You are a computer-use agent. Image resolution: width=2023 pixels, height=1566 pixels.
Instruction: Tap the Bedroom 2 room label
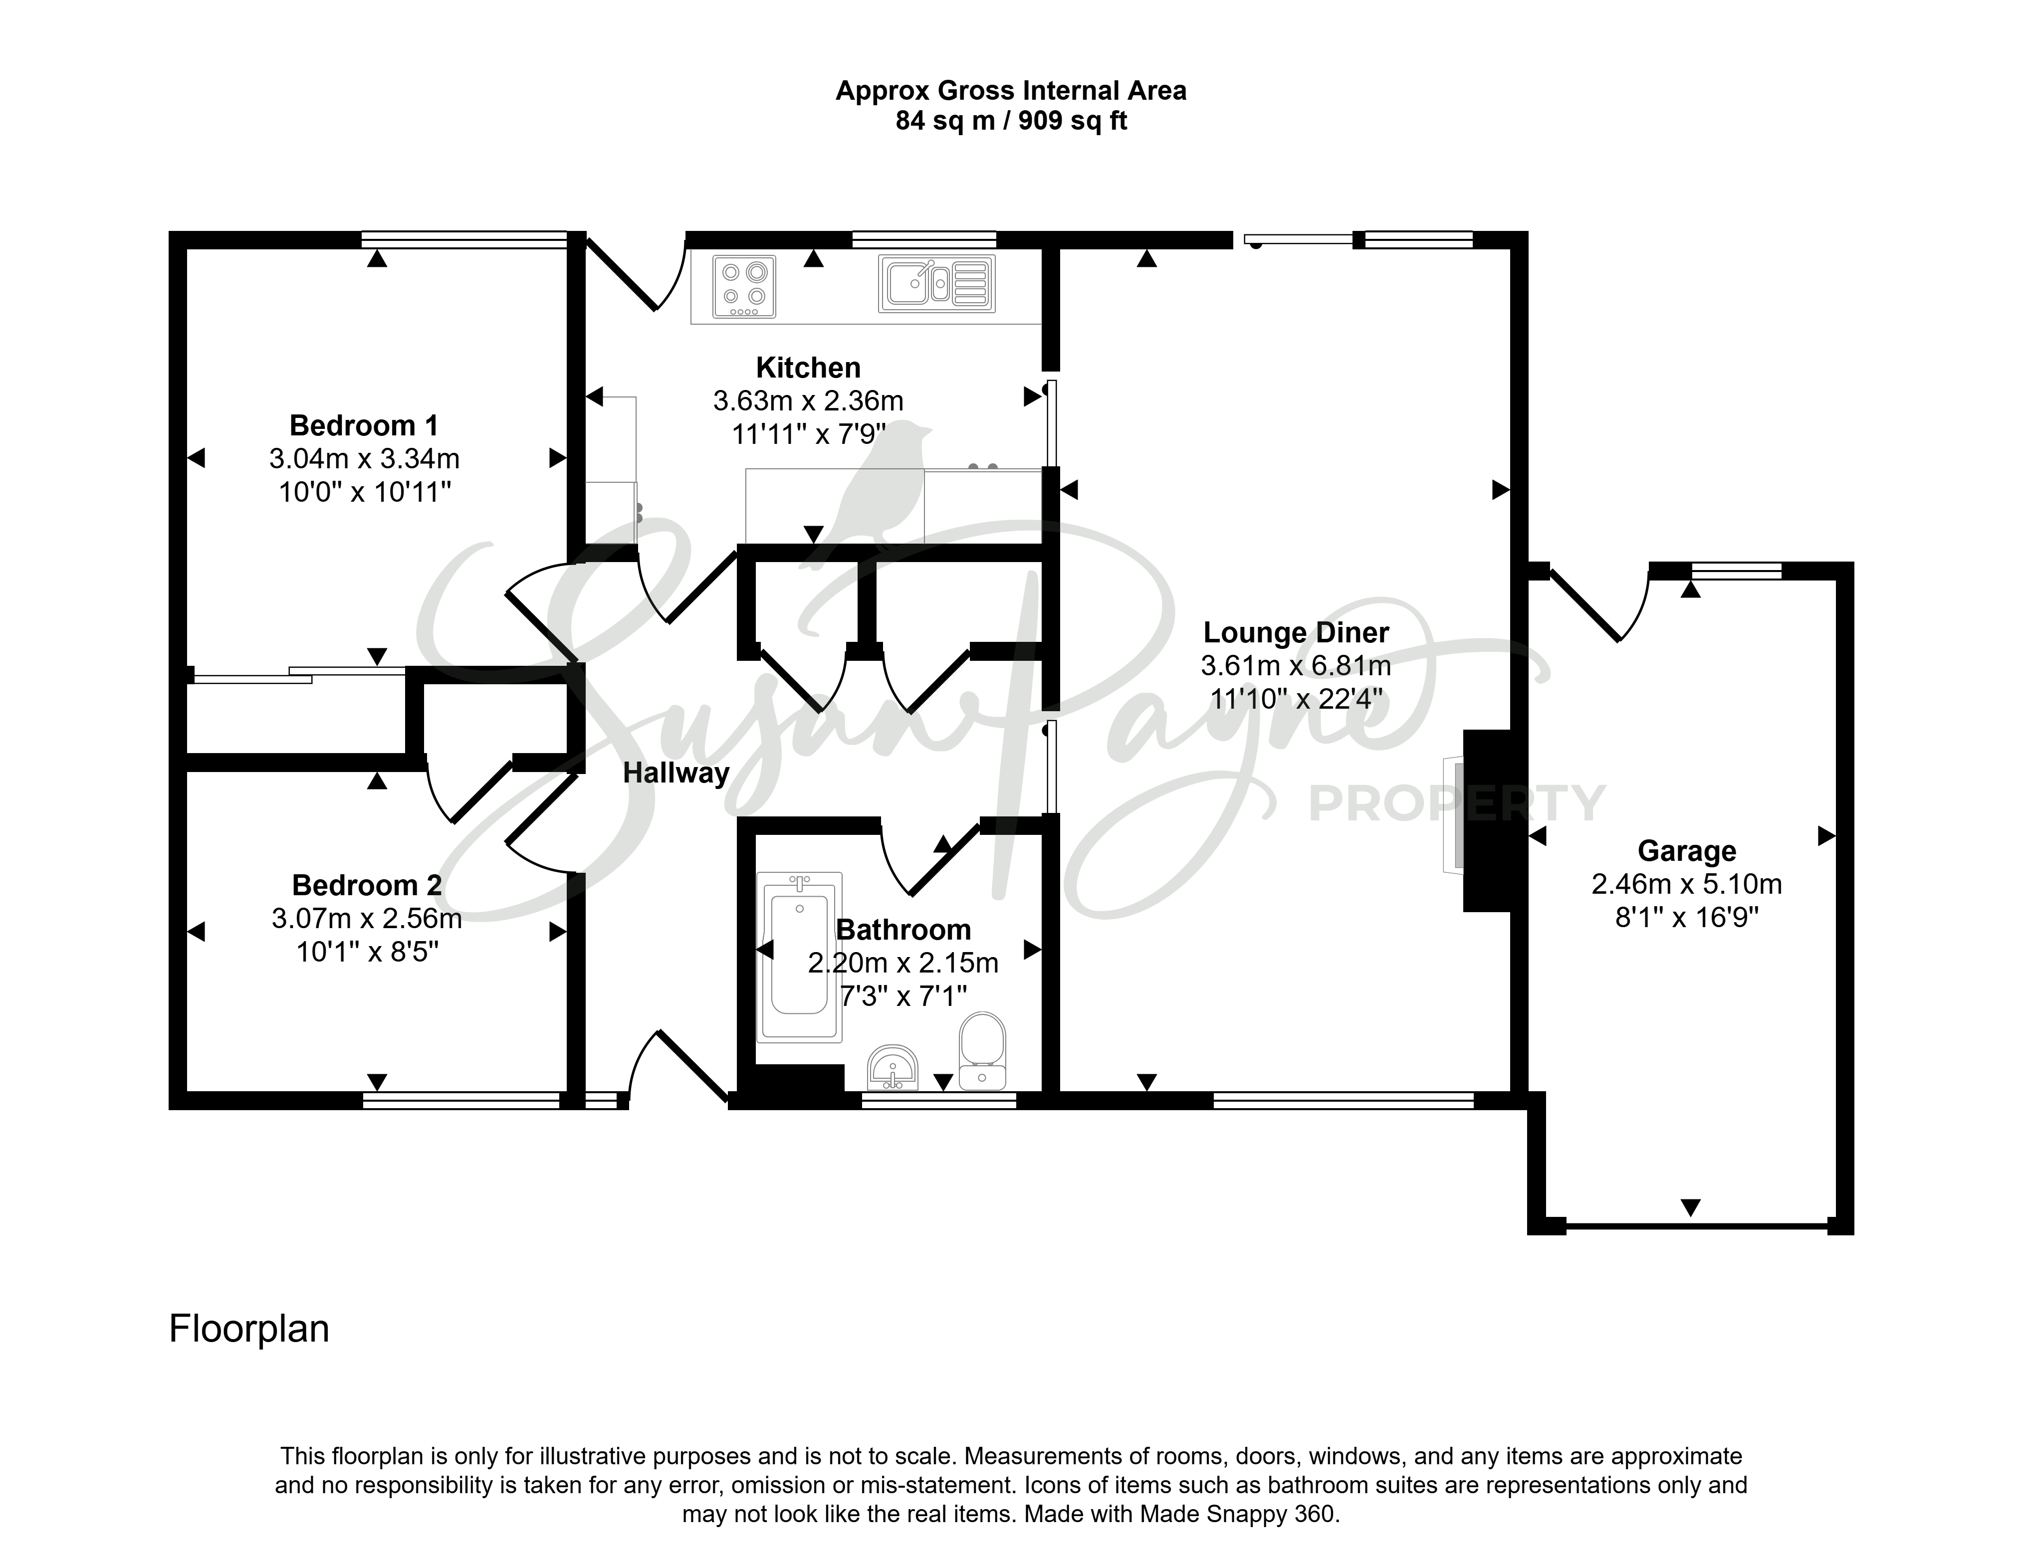[x=367, y=885]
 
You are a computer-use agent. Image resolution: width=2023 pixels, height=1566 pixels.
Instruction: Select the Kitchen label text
[x=808, y=368]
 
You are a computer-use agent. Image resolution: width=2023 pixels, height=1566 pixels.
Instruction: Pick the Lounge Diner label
[x=1296, y=632]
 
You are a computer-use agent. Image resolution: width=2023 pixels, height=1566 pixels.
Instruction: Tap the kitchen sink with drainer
[x=936, y=283]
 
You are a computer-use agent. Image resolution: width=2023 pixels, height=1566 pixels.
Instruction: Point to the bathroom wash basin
[x=893, y=1069]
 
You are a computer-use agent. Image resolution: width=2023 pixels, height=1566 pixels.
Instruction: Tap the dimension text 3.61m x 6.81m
[x=1296, y=666]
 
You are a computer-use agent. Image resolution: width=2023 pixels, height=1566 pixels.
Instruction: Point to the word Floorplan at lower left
[x=249, y=1329]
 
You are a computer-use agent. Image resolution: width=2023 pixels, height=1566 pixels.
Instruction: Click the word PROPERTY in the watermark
[x=1456, y=803]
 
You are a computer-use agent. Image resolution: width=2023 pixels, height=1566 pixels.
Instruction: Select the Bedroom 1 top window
[x=464, y=240]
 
